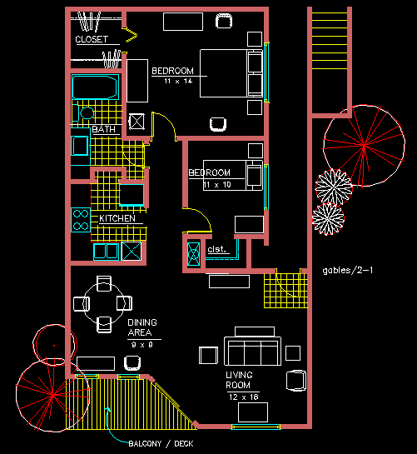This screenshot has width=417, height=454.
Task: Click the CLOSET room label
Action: (x=92, y=39)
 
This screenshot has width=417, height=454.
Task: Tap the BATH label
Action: (x=103, y=129)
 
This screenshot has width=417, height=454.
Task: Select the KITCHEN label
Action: (x=117, y=218)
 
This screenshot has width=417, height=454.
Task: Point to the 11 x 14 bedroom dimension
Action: (x=178, y=81)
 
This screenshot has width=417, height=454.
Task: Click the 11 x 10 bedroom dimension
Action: (x=217, y=185)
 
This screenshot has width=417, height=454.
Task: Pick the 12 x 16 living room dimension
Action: (x=243, y=397)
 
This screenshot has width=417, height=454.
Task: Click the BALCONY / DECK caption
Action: (x=161, y=443)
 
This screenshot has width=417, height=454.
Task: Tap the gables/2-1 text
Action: (x=348, y=271)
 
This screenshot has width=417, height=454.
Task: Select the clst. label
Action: (x=216, y=249)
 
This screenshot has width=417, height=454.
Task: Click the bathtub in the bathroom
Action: (x=95, y=87)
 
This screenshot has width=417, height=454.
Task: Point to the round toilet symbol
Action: (x=87, y=113)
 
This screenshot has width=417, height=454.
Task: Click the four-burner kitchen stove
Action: (x=81, y=220)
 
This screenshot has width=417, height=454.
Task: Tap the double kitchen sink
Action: (x=106, y=252)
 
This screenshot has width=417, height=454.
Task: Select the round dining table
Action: (x=104, y=303)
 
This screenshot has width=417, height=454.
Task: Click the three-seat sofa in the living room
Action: (x=252, y=351)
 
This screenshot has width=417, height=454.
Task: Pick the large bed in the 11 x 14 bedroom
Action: (x=231, y=73)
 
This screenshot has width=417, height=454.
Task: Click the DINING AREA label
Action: (x=142, y=327)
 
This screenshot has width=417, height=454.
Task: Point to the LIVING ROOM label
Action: (x=239, y=380)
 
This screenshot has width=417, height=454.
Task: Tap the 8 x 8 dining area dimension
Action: (x=142, y=345)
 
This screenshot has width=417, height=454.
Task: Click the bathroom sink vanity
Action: (x=81, y=147)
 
